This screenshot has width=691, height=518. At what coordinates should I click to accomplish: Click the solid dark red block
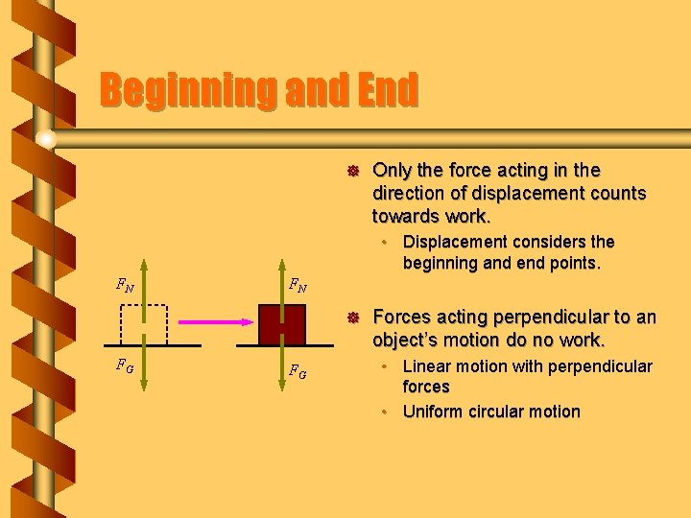click(281, 324)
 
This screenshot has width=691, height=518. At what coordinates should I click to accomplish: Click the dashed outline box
click(144, 324)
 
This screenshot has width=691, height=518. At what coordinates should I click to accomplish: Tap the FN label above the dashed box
click(125, 284)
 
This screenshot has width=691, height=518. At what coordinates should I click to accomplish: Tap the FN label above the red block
click(299, 284)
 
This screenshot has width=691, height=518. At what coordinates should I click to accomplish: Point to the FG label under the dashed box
click(125, 365)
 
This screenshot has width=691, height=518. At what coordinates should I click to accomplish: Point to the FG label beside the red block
click(298, 372)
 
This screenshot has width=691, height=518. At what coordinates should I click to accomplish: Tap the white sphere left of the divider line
click(45, 140)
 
